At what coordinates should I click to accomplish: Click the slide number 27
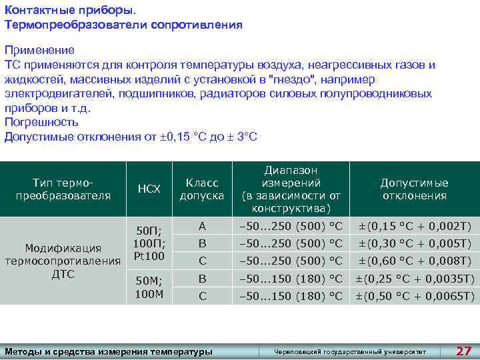pyautogui.click(x=463, y=351)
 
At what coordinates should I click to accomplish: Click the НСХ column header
pyautogui.click(x=149, y=189)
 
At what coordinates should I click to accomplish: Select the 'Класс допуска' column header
pyautogui.click(x=202, y=189)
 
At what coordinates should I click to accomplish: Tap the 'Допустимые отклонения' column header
pyautogui.click(x=414, y=189)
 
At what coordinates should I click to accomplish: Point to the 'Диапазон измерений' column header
pyautogui.click(x=291, y=189)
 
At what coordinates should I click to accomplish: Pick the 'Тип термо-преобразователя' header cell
pyautogui.click(x=63, y=189)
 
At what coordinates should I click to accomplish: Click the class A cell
pyautogui.click(x=202, y=226)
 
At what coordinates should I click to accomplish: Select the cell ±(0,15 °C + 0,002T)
pyautogui.click(x=415, y=226)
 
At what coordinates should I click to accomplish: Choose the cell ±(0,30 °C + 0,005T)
pyautogui.click(x=415, y=243)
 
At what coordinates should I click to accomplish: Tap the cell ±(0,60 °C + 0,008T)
pyautogui.click(x=415, y=261)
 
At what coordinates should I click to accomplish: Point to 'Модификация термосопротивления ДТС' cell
pyautogui.click(x=63, y=261)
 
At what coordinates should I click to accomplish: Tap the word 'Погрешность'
pyautogui.click(x=41, y=122)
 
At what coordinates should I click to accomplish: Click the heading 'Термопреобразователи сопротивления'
pyautogui.click(x=123, y=25)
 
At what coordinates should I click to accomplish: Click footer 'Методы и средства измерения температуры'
pyautogui.click(x=109, y=351)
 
